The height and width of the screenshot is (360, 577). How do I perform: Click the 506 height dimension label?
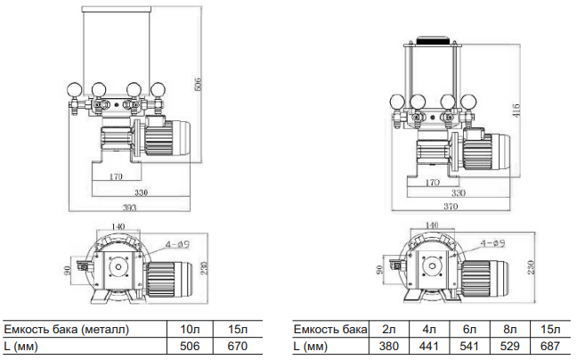pyautogui.click(x=198, y=85)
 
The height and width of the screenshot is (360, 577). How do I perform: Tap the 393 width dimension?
pyautogui.click(x=129, y=208)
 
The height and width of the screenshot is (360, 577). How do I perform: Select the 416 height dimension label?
pyautogui.click(x=516, y=110)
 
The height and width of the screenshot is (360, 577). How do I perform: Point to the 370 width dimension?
pyautogui.click(x=451, y=207)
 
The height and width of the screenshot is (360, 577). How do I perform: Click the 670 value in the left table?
pyautogui.click(x=238, y=346)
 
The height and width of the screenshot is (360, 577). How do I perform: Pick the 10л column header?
pyautogui.click(x=190, y=329)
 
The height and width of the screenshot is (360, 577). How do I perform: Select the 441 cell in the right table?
pyautogui.click(x=429, y=346)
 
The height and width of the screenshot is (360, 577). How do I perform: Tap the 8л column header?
pyautogui.click(x=509, y=329)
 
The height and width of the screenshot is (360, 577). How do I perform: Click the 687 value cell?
pyautogui.click(x=550, y=346)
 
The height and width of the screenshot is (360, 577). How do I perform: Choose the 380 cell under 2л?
pyautogui.click(x=388, y=346)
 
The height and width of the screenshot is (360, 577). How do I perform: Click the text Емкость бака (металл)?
pyautogui.click(x=66, y=329)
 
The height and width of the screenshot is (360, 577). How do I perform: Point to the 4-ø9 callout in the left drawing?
pyautogui.click(x=177, y=243)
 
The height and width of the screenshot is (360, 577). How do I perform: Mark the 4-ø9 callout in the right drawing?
pyautogui.click(x=492, y=243)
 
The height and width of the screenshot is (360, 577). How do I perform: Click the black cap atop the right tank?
pyautogui.click(x=433, y=39)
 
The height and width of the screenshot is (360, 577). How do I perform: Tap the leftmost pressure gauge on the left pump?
pyautogui.click(x=74, y=90)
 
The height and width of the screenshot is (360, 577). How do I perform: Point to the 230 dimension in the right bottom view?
pyautogui.click(x=531, y=266)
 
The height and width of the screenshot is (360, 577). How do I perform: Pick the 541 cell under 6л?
pyautogui.click(x=469, y=346)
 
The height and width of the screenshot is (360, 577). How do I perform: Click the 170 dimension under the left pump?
pyautogui.click(x=116, y=176)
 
